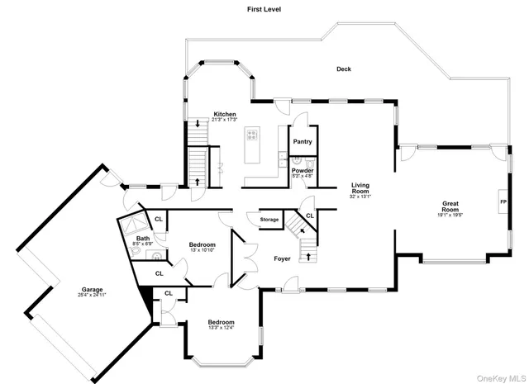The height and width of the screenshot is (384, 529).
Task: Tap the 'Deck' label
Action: tap(343, 69)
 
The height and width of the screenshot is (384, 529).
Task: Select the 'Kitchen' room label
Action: tap(225, 114)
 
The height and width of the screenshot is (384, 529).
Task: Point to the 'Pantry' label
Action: tap(303, 141)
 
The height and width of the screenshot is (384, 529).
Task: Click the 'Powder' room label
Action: tap(303, 170)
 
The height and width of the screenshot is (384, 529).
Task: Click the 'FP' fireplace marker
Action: tap(502, 201)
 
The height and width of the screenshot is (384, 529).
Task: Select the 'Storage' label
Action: tap(269, 220)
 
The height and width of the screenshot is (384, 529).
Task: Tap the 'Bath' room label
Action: tap(143, 239)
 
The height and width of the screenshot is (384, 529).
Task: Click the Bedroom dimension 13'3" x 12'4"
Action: tap(221, 328)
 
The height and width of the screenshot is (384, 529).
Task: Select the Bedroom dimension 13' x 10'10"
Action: tap(202, 250)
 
